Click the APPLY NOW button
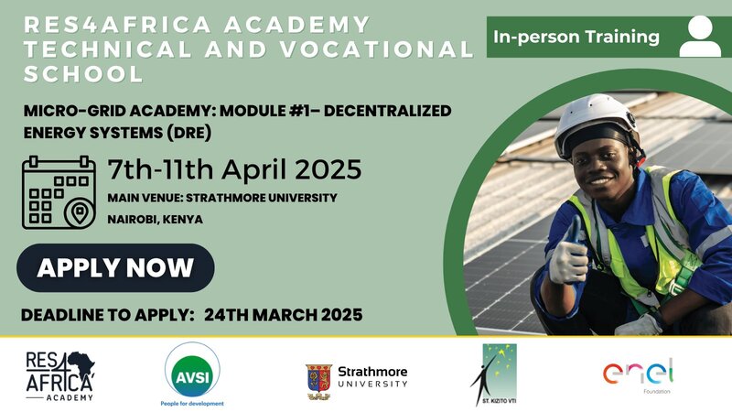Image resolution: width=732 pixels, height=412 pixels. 115,267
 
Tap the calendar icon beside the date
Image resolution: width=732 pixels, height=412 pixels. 59,192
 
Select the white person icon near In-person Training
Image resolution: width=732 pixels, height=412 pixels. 700,36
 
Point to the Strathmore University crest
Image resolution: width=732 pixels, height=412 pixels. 318,382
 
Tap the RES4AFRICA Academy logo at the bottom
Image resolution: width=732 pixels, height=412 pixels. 60,376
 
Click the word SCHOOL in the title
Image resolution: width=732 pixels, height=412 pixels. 83,74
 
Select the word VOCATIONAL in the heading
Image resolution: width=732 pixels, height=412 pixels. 371,49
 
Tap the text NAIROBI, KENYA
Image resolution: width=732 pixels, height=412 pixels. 155,220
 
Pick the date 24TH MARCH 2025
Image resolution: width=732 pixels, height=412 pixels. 284,315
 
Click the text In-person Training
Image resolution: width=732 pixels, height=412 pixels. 576,37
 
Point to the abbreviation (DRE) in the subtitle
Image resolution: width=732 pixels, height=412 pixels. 188,133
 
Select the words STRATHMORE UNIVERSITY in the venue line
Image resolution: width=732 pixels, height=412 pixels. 262,198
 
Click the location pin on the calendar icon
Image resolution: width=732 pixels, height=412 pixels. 79,213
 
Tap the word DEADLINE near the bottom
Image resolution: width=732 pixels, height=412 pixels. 62,315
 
